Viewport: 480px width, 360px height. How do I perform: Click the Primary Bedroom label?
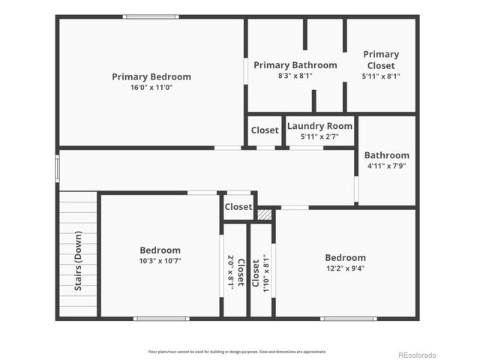(x=151, y=76)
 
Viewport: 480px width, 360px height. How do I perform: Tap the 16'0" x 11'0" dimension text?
(x=151, y=88)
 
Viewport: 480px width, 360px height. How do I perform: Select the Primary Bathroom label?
(x=295, y=65)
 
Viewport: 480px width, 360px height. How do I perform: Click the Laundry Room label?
(x=319, y=126)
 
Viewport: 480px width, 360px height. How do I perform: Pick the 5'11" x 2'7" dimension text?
(x=319, y=136)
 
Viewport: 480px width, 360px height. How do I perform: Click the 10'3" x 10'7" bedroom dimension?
(x=160, y=261)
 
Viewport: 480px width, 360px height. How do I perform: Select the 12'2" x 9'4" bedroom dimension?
(x=345, y=268)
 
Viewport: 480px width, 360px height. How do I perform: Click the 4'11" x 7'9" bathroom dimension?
(x=387, y=166)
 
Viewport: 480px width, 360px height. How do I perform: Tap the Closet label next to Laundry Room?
(x=265, y=130)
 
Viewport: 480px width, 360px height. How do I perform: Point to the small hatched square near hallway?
(x=264, y=214)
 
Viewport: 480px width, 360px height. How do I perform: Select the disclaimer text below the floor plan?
(x=237, y=351)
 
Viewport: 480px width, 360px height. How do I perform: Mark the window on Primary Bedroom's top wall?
(x=151, y=16)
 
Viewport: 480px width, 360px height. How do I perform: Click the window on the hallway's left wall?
(x=57, y=168)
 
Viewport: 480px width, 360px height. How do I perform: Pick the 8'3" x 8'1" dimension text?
(x=295, y=76)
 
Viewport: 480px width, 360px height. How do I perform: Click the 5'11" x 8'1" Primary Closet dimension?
(x=381, y=76)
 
